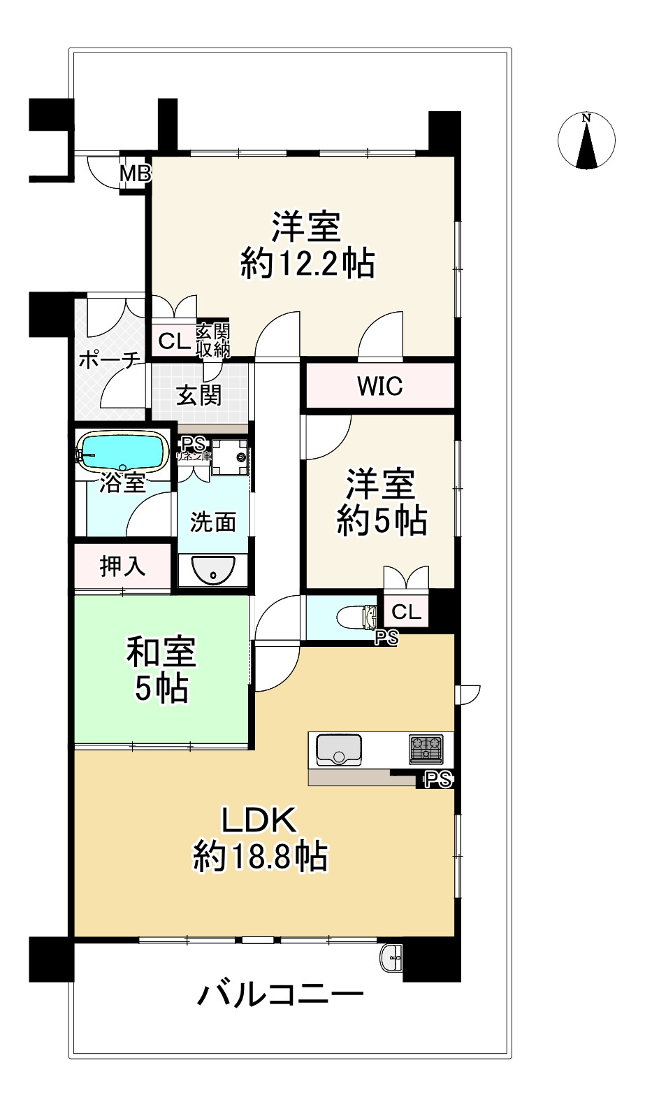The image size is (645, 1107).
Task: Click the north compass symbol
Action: pos(586,141)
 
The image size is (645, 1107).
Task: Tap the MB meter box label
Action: pos(136,173)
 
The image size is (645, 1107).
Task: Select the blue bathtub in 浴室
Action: pos(123,451)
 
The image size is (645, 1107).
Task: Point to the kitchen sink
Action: pos(339,749)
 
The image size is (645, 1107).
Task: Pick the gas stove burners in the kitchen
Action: pos(426,749)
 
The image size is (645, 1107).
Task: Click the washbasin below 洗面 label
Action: pos(213,571)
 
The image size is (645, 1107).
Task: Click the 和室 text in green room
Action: pos(161,652)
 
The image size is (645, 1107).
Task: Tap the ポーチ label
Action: pos(109,360)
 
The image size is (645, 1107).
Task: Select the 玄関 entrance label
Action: pos(198,395)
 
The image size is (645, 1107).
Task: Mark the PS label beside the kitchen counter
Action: pos(438,779)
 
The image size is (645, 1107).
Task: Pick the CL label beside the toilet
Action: pos(406,612)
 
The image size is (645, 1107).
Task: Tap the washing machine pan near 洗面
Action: pos(230,457)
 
